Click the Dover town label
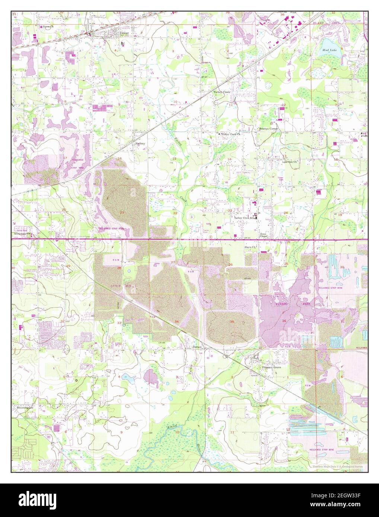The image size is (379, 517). pyautogui.click(x=124, y=33)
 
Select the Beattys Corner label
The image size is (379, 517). pyautogui.click(x=268, y=129)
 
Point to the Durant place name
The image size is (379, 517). pyautogui.click(x=197, y=347)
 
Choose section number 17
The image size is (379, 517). pyautogui.click(x=65, y=158)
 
